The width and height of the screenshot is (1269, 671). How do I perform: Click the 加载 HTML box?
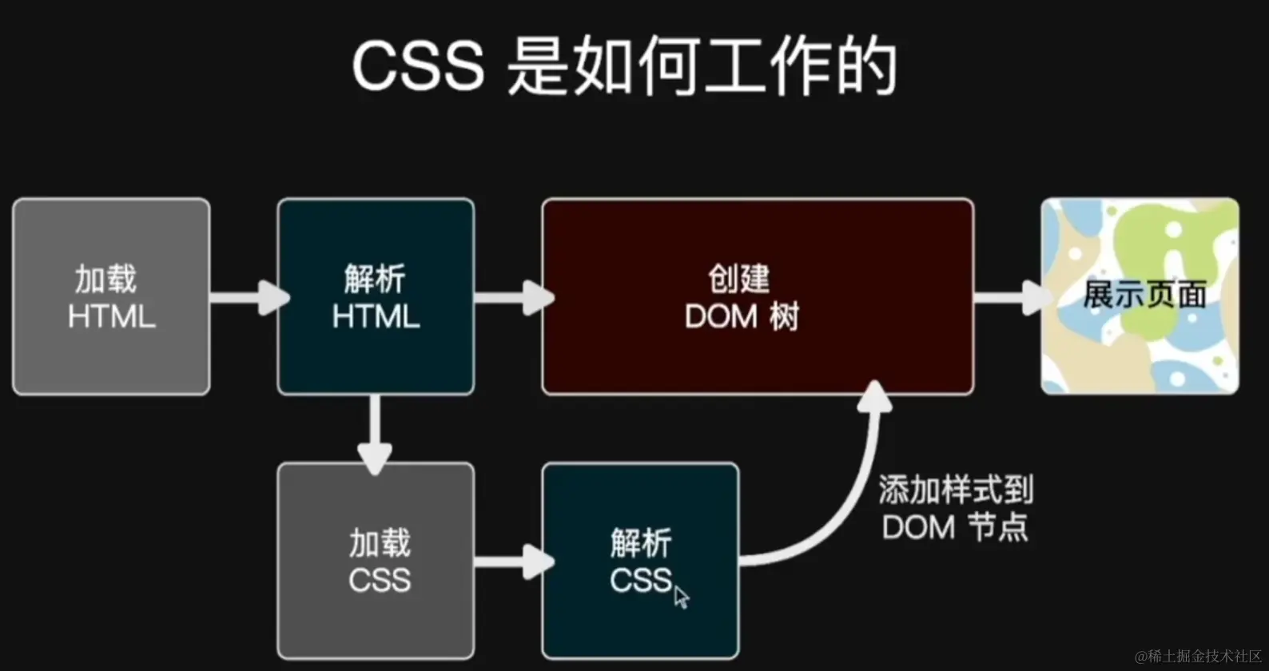(111, 296)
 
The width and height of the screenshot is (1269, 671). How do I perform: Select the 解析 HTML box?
(376, 296)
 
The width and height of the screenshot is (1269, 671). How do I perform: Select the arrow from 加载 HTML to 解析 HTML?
(248, 297)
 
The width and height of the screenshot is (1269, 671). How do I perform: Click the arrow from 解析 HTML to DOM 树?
(512, 297)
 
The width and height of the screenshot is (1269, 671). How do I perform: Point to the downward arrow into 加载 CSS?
(375, 435)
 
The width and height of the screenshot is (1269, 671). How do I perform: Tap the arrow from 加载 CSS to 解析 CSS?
(512, 561)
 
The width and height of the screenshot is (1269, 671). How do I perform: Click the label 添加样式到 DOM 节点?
(956, 509)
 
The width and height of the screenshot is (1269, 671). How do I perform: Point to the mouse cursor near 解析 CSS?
(681, 597)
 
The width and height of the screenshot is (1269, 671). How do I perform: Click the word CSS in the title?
(418, 66)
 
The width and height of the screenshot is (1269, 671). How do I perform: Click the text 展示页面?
(1144, 295)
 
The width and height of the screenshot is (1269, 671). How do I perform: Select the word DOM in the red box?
(721, 317)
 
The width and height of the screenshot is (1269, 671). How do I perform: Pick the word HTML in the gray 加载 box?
(111, 317)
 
